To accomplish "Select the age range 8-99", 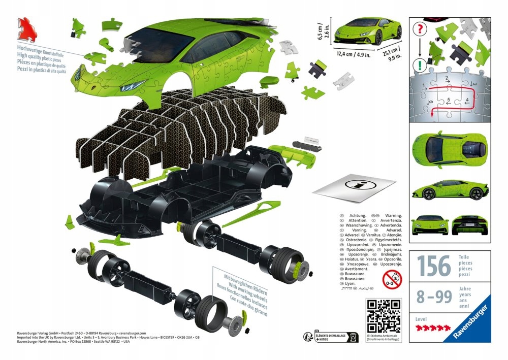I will (434, 296).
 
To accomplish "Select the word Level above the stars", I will (422, 319).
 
